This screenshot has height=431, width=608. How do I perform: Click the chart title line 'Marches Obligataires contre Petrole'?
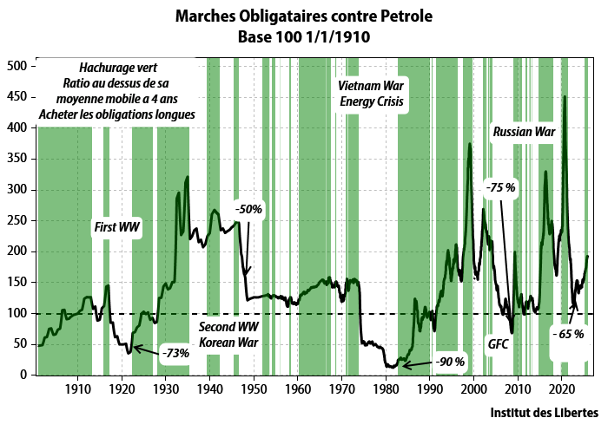coord(303,16)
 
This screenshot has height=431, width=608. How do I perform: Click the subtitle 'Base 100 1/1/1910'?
coord(303,37)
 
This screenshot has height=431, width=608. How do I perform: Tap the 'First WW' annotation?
coord(116,227)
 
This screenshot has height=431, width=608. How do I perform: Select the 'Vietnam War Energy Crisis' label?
coord(373,94)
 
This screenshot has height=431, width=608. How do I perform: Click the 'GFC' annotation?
coord(498,343)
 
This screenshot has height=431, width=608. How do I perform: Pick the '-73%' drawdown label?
coord(175,353)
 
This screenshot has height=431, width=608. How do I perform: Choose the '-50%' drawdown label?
coord(248,209)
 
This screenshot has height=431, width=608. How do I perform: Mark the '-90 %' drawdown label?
coord(450,361)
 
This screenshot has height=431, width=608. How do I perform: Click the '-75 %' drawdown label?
coord(500,187)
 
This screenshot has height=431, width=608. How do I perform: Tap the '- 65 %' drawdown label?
coord(569,333)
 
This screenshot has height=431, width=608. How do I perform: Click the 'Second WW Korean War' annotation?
coord(229,335)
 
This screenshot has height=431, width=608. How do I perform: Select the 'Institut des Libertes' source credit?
coord(544,411)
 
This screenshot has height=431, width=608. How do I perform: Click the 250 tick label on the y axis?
coord(17,220)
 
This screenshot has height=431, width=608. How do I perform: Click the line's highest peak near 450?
coord(565,96)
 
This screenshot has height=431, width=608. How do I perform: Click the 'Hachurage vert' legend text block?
coord(116,90)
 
